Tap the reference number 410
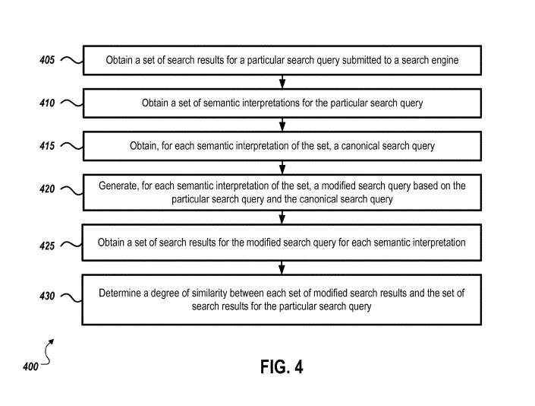click(x=46, y=103)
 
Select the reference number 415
click(x=46, y=146)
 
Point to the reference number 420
click(x=46, y=190)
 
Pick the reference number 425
click(x=46, y=246)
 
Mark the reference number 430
click(x=46, y=297)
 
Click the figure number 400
click(x=30, y=367)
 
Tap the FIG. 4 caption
click(x=282, y=367)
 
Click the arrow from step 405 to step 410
click(x=282, y=82)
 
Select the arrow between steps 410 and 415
click(x=282, y=125)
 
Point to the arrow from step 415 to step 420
click(x=282, y=168)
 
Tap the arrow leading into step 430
click(x=282, y=267)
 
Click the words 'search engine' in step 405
click(x=430, y=60)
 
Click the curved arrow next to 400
click(x=48, y=353)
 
